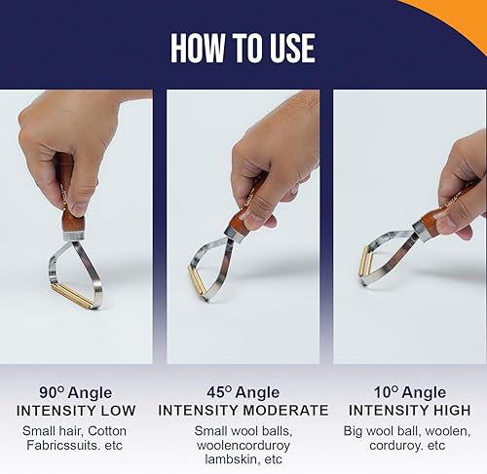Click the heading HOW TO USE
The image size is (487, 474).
pyautogui.click(x=243, y=48)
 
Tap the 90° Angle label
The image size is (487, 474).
pyautogui.click(x=76, y=392)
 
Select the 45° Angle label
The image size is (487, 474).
pyautogui.click(x=243, y=392)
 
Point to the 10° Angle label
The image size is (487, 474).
pyautogui.click(x=410, y=392)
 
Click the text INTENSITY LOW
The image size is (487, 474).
pyautogui.click(x=76, y=411)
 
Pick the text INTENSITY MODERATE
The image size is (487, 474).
pyautogui.click(x=243, y=411)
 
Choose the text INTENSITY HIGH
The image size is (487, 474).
pyautogui.click(x=410, y=411)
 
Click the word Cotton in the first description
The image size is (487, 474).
pyautogui.click(x=107, y=431)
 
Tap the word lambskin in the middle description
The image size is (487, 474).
pyautogui.click(x=234, y=459)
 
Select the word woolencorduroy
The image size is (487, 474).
pyautogui.click(x=243, y=445)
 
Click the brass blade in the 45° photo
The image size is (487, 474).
pyautogui.click(x=198, y=280)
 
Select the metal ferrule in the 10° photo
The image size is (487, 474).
pyautogui.click(x=423, y=232)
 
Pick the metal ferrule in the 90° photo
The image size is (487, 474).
pyautogui.click(x=73, y=236)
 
